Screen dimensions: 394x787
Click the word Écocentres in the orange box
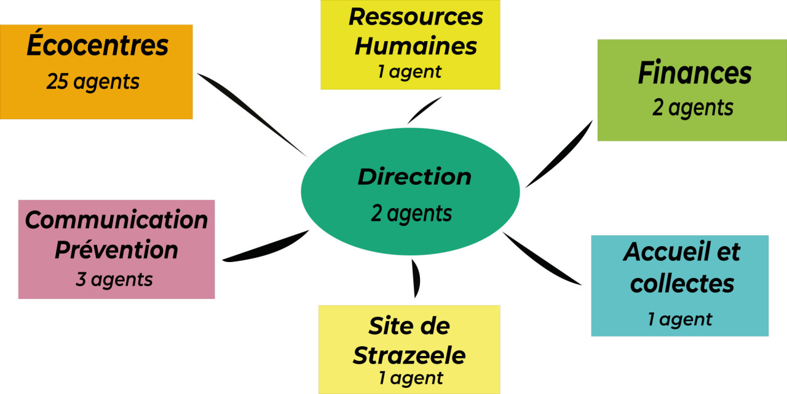pos(97,47)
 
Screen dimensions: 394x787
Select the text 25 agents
pos(93,82)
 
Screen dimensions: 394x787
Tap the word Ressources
pos(416,17)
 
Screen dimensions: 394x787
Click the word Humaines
pos(416,46)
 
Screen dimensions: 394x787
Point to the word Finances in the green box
pos(694,74)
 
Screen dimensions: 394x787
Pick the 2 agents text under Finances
pos(693,108)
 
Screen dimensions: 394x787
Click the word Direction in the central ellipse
pos(414,177)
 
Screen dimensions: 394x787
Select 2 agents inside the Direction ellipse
pos(411,213)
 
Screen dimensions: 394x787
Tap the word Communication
pos(116,220)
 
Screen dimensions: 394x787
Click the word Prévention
pos(116,250)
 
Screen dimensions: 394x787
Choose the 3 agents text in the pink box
pos(114,280)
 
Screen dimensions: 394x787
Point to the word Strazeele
pos(409,355)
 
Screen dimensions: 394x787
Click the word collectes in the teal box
pos(682,284)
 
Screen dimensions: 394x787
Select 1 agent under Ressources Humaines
pos(409,72)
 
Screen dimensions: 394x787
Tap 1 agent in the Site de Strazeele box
pos(410,379)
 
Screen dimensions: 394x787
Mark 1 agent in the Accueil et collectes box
pos(679,319)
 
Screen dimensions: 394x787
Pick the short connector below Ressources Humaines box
pos(424,110)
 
